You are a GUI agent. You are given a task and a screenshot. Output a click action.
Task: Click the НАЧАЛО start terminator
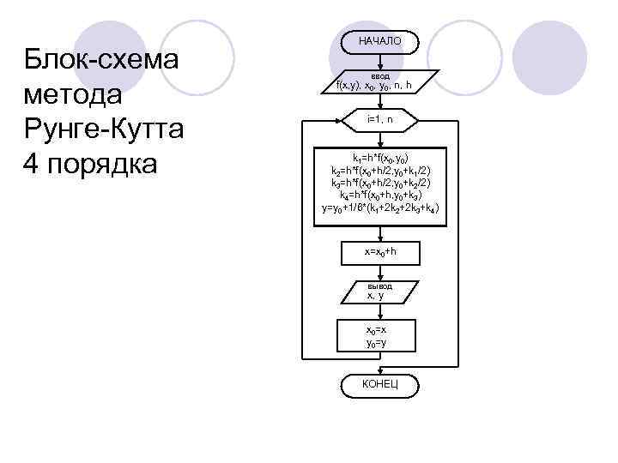379,40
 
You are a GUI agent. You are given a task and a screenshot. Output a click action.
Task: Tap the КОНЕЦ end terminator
379,384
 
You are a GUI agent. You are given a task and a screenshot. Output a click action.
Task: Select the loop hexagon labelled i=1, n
379,119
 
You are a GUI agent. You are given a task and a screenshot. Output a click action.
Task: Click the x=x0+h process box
379,252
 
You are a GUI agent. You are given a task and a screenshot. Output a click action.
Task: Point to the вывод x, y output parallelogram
379,291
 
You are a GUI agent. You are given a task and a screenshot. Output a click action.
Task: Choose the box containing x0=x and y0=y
379,336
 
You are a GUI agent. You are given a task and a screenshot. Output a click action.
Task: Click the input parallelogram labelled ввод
379,81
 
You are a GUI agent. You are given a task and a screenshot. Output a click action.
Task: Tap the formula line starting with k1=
379,159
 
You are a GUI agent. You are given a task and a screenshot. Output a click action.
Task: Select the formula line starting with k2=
379,171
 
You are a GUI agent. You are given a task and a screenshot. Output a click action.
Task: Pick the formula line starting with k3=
379,183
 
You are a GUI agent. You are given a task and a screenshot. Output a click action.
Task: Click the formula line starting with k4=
379,195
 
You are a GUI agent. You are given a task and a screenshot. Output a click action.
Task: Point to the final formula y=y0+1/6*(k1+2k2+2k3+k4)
379,207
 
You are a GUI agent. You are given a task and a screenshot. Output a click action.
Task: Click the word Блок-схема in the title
100,62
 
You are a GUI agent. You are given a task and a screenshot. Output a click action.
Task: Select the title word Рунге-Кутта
105,129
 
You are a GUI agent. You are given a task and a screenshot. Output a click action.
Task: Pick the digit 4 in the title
31,162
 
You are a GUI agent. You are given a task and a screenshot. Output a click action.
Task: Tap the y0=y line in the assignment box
379,343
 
